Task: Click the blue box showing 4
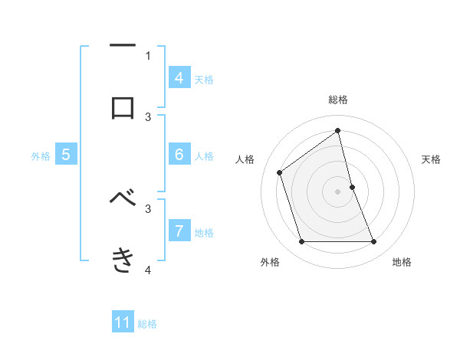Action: pyautogui.click(x=179, y=77)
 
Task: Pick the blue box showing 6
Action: pyautogui.click(x=179, y=155)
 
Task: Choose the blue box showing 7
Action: pyautogui.click(x=179, y=231)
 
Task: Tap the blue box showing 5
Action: pyautogui.click(x=66, y=155)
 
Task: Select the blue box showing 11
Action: pyautogui.click(x=123, y=322)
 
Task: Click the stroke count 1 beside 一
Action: pyautogui.click(x=148, y=55)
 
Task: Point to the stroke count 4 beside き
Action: pyautogui.click(x=148, y=270)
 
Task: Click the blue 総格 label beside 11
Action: pyautogui.click(x=147, y=324)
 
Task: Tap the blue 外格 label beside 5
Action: pyautogui.click(x=41, y=156)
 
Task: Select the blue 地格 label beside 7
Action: pyautogui.click(x=204, y=233)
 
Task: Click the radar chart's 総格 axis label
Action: pyautogui.click(x=338, y=100)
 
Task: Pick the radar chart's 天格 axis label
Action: pyautogui.click(x=432, y=159)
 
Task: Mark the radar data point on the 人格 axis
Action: pyautogui.click(x=280, y=172)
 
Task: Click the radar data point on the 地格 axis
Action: pyautogui.click(x=373, y=242)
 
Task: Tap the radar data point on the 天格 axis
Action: pyautogui.click(x=352, y=186)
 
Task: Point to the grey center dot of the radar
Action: pyautogui.click(x=338, y=191)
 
